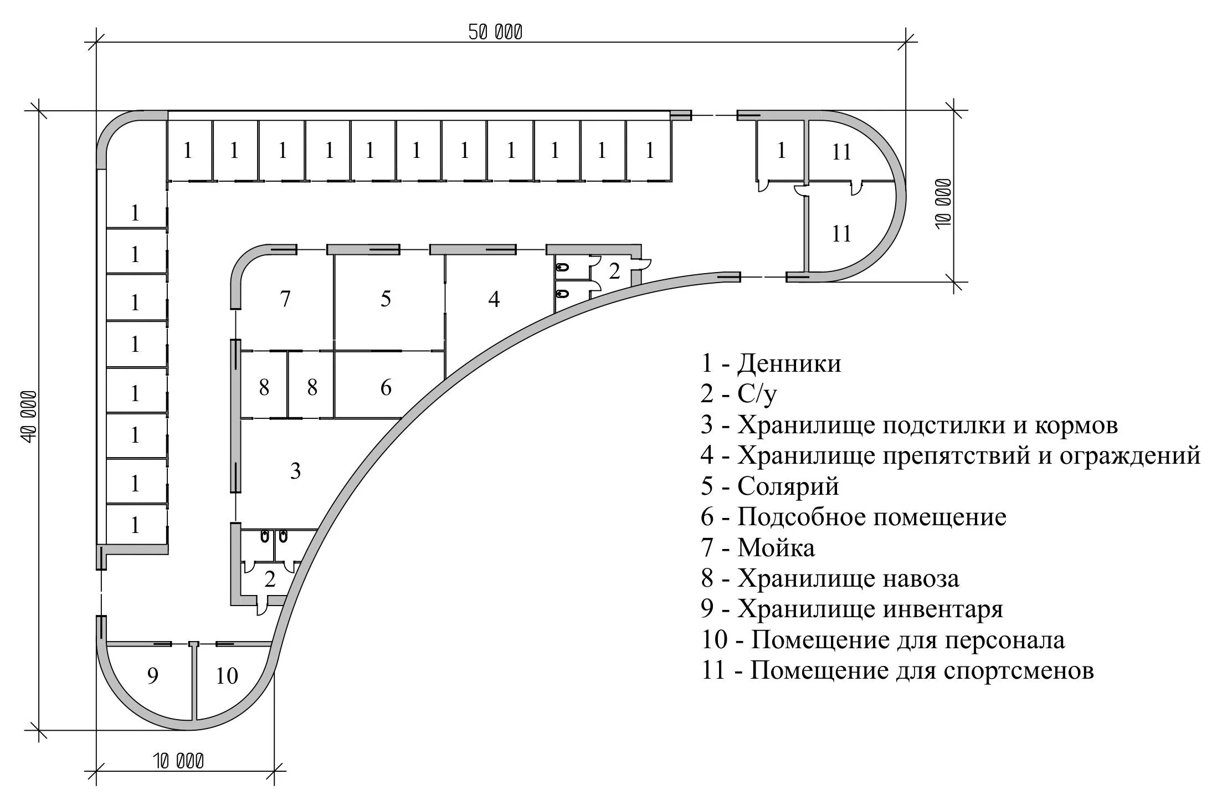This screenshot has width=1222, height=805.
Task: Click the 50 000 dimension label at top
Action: [x=495, y=33]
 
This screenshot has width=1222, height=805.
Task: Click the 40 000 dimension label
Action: [x=29, y=417]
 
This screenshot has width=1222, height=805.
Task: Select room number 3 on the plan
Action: [x=295, y=471]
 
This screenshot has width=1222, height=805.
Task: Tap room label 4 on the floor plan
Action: [x=494, y=299]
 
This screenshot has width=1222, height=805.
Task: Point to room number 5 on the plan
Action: [x=386, y=299]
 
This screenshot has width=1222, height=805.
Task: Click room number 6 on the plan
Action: [x=386, y=387]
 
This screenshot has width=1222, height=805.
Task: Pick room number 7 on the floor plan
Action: [x=285, y=299]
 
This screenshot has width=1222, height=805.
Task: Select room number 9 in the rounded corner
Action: [x=153, y=676]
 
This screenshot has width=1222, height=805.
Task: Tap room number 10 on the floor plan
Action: [x=226, y=676]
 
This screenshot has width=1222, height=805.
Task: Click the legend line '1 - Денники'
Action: [x=771, y=364]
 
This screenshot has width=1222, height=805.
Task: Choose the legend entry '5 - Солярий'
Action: [x=769, y=486]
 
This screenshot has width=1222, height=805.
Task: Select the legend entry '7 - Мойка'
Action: [x=757, y=548]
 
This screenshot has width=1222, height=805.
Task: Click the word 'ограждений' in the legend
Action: [x=1129, y=456]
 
